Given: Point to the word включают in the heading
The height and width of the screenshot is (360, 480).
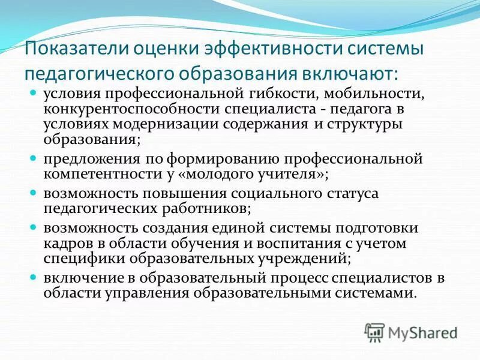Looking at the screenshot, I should point(349,74).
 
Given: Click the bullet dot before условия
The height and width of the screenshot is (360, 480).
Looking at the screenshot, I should point(34,94).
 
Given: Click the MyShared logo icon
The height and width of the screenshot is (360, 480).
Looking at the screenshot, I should point(374,332).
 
